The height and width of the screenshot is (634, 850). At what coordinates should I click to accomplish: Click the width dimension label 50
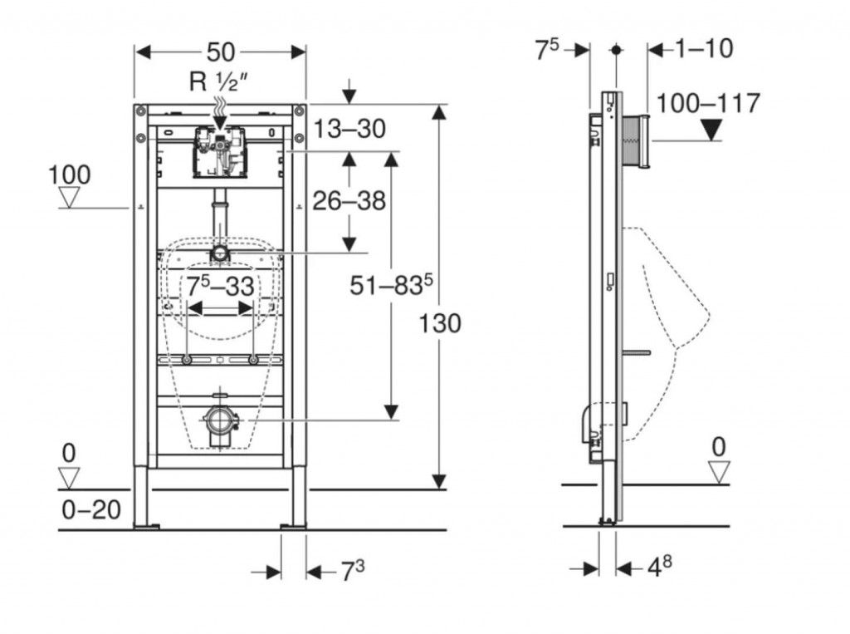(220, 52)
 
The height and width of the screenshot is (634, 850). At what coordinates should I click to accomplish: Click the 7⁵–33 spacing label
(219, 288)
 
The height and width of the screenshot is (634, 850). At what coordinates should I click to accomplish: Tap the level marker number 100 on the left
(70, 176)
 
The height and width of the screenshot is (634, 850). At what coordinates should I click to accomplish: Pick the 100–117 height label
(708, 104)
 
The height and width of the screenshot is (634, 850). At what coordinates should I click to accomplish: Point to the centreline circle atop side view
(615, 50)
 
